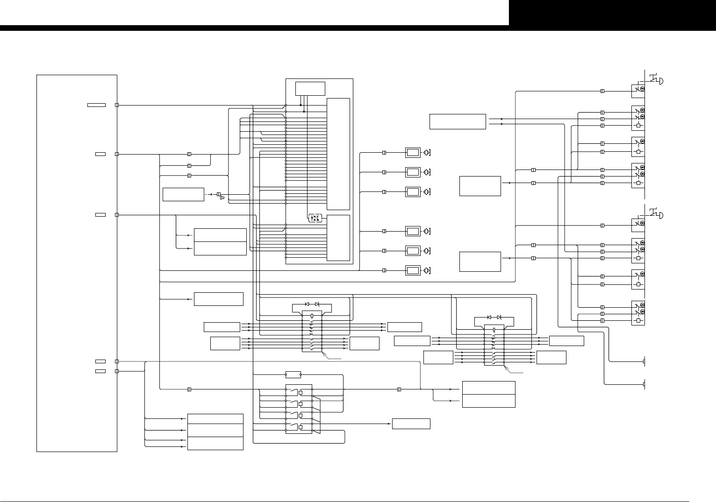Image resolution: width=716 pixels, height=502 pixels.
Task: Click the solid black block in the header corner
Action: click(612, 13)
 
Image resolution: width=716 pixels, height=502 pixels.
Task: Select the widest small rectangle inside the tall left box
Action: click(96, 105)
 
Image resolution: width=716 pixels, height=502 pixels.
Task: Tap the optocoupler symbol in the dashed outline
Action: click(315, 218)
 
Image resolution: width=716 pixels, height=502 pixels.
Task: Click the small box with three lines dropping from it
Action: click(310, 88)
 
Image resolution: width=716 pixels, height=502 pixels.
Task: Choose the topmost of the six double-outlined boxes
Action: click(413, 152)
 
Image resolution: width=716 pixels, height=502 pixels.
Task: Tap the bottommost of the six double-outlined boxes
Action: click(413, 270)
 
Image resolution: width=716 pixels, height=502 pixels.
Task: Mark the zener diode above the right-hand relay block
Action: click(499, 317)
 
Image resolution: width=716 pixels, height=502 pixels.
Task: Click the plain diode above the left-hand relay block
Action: click(307, 304)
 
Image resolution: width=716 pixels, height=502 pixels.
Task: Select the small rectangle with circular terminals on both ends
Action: click(293, 375)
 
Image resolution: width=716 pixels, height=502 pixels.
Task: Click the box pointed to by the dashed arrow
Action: click(183, 194)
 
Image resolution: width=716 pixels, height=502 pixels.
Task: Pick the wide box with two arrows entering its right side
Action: click(458, 121)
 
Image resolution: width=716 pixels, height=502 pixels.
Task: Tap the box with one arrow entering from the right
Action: click(411, 424)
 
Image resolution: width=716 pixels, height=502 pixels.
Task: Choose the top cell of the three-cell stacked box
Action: click(215, 418)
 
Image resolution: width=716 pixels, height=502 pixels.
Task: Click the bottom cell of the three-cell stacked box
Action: click(215, 444)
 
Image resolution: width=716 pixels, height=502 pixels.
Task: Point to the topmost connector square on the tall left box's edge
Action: click(117, 105)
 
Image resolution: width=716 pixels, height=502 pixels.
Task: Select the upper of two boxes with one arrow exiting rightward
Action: click(480, 186)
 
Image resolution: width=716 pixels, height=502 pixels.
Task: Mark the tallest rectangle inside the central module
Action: click(338, 154)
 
